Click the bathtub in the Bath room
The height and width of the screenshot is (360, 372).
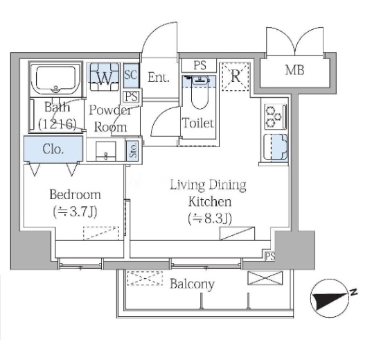(56, 80)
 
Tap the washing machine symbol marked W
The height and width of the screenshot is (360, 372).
(105, 76)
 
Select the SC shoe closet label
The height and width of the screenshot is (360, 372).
(131, 75)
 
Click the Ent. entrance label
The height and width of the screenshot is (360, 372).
(159, 77)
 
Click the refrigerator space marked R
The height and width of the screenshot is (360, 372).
(236, 76)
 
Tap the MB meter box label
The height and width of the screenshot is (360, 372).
(294, 70)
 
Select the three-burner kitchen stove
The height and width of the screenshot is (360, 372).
(276, 117)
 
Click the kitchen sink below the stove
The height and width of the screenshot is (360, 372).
(276, 147)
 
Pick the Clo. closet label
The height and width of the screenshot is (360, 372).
(53, 149)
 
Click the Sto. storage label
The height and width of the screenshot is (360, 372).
(133, 150)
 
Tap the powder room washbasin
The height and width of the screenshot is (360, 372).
(106, 151)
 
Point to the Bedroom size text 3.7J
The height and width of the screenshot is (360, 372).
(75, 212)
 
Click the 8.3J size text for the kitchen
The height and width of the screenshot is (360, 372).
(210, 218)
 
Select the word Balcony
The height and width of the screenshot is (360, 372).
(192, 284)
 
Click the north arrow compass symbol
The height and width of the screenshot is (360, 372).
(330, 298)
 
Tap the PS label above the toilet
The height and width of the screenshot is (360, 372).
(200, 65)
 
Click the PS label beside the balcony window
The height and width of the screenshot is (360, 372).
(269, 256)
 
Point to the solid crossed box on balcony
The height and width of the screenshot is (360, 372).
(265, 278)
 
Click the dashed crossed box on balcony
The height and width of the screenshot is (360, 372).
(145, 278)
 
